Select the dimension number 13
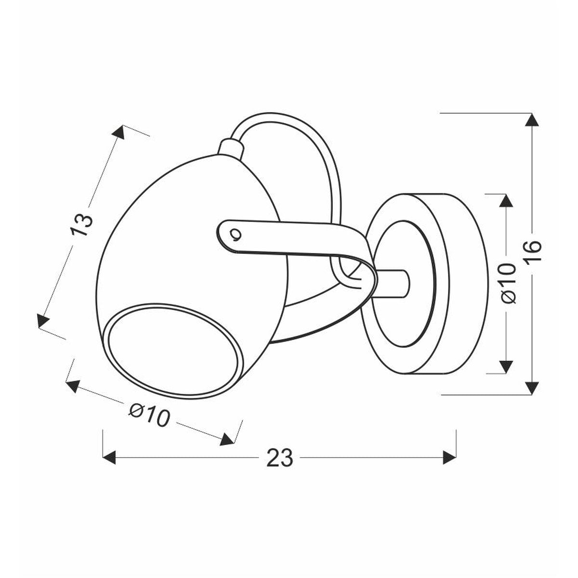pos(81,224)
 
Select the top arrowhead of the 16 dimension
pos(532,119)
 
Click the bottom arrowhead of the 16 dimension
pos(532,388)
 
